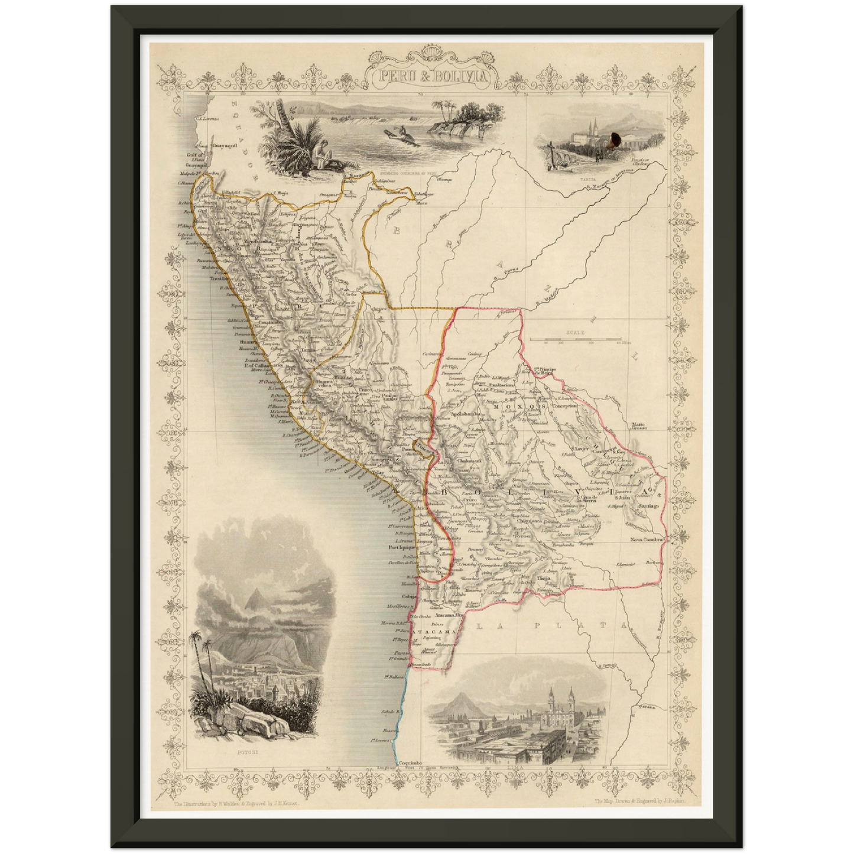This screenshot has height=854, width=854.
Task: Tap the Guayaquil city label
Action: [228, 144]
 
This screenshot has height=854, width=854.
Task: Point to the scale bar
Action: [574, 339]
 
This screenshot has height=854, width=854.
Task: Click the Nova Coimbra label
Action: [647, 539]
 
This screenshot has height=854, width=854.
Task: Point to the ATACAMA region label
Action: [435, 632]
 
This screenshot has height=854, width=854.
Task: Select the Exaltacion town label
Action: [502, 384]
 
